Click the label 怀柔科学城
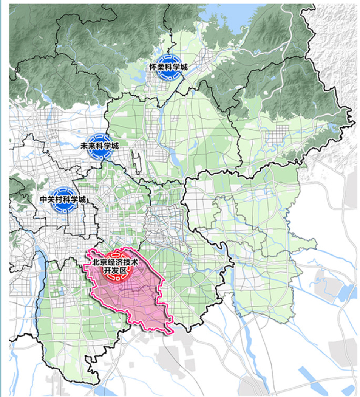pyautogui.click(x=168, y=68)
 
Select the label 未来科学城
pyautogui.click(x=100, y=146)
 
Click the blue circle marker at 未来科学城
pyautogui.click(x=100, y=146)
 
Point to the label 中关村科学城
pyautogui.click(x=63, y=199)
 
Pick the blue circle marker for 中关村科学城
pyautogui.click(x=63, y=199)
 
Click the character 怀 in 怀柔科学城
pyautogui.click(x=153, y=68)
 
